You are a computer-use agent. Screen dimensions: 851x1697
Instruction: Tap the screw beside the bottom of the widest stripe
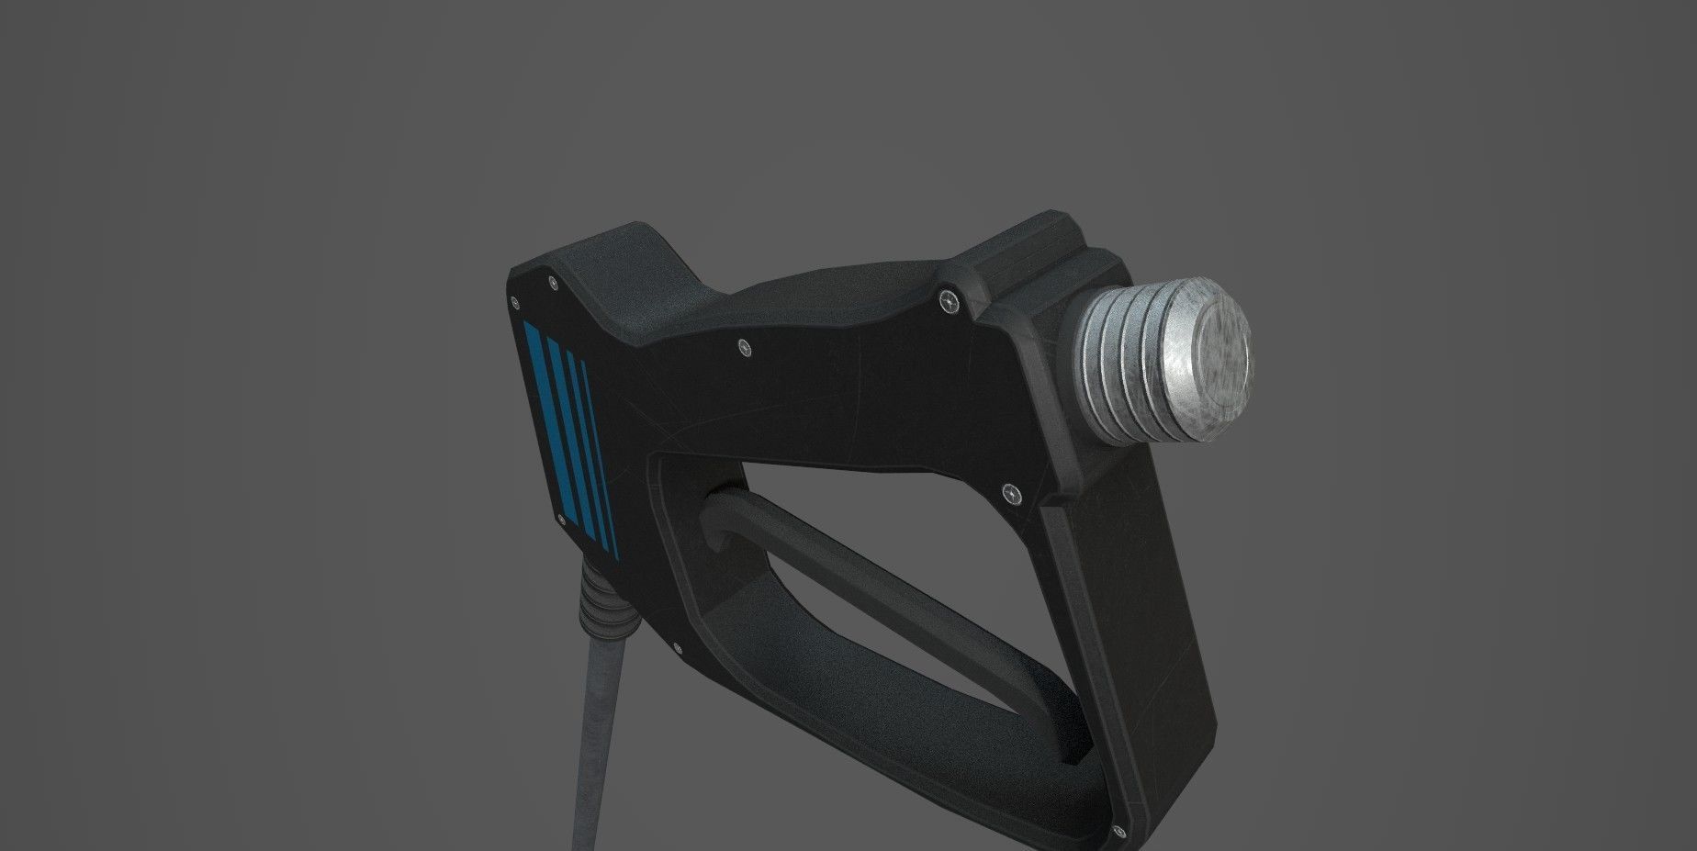coord(560,521)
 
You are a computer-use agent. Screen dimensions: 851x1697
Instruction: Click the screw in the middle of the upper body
coord(744,347)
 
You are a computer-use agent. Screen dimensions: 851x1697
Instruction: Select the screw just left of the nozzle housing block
coord(948,299)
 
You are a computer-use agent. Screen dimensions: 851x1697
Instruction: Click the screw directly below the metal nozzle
coord(1013,494)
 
